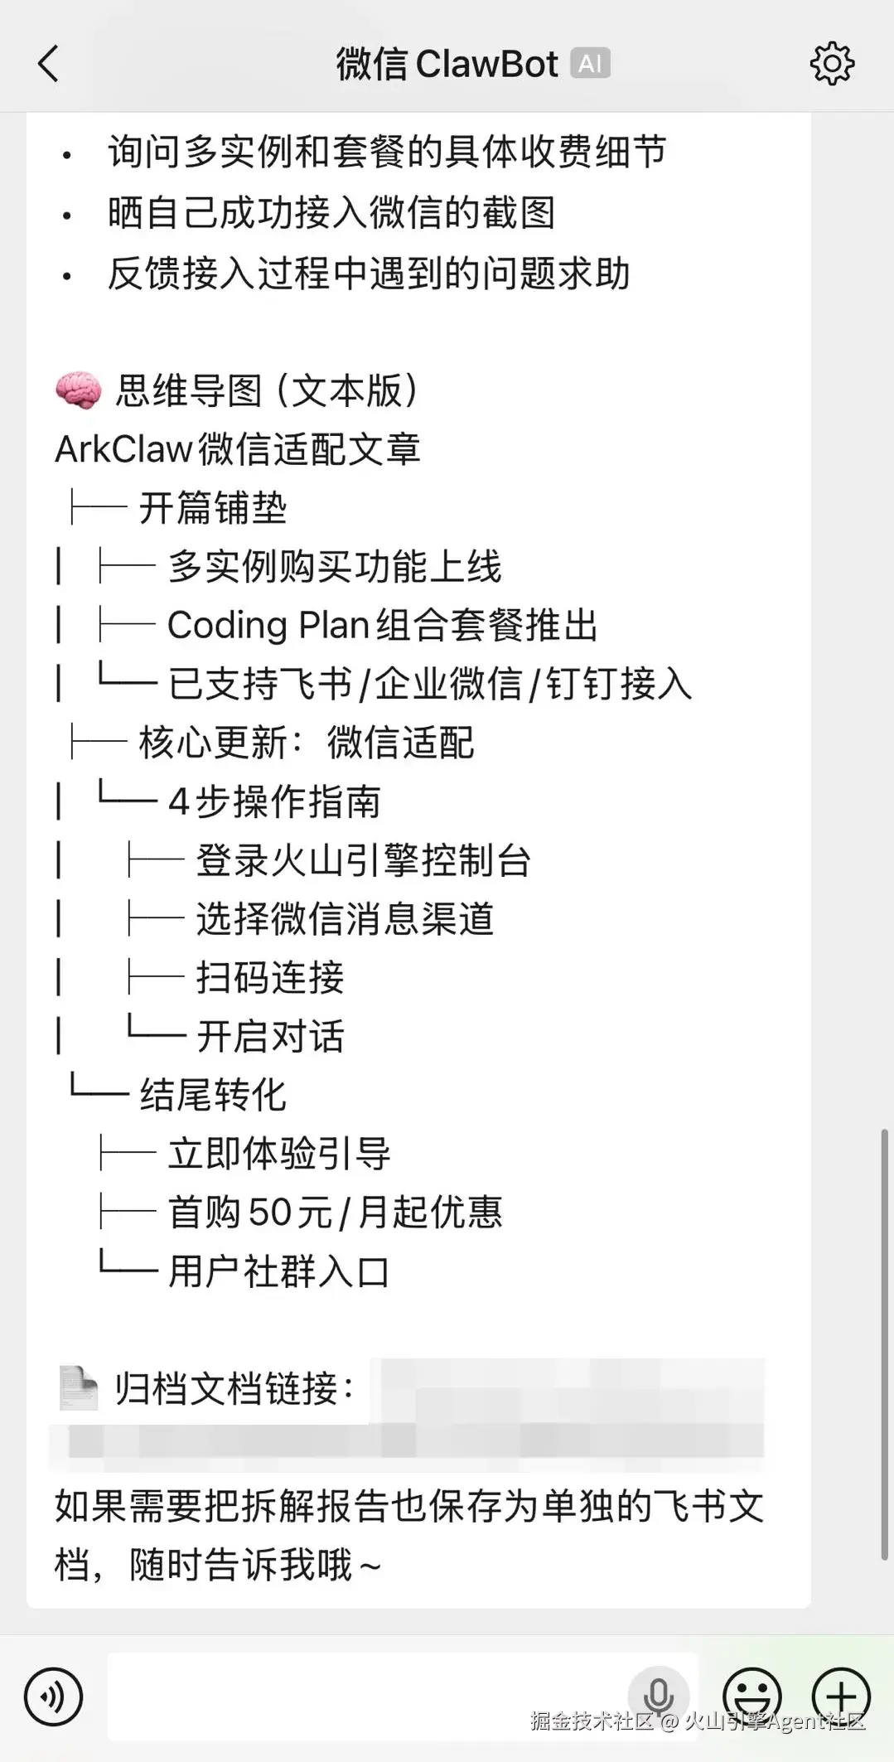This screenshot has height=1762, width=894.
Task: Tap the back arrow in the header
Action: click(49, 64)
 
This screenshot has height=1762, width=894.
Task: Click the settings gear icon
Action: click(831, 63)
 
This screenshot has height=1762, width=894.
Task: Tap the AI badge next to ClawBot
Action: click(590, 64)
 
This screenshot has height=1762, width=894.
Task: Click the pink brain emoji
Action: click(79, 390)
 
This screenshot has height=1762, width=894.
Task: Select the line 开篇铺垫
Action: click(212, 508)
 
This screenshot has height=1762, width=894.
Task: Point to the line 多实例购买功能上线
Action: click(335, 567)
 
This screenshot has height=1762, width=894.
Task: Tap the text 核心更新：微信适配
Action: click(306, 743)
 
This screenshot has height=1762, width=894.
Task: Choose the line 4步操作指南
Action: click(274, 801)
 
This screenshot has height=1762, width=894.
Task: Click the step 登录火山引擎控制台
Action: click(363, 860)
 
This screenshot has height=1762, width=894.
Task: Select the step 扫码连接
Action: click(270, 978)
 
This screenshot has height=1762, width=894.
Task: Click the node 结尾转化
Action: click(213, 1095)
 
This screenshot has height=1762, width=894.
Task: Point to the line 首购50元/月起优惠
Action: click(335, 1213)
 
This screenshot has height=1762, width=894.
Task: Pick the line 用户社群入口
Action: click(278, 1271)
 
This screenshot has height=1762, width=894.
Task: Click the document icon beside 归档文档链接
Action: click(79, 1389)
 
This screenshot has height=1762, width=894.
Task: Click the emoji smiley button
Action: click(752, 1696)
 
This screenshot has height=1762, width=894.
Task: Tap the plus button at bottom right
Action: click(841, 1696)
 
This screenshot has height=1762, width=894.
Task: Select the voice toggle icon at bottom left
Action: click(54, 1697)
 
